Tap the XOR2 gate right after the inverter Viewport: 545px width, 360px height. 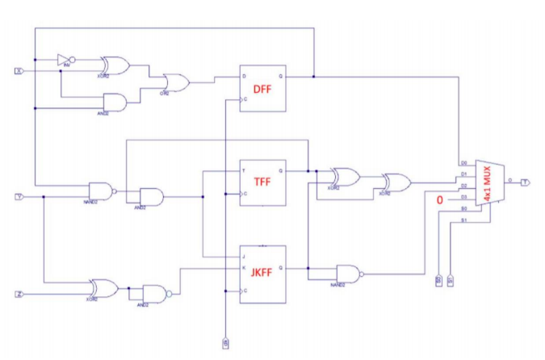[114, 65]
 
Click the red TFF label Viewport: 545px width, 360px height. [262, 182]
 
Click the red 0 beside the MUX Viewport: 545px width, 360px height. [440, 199]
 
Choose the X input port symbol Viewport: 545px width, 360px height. [19, 71]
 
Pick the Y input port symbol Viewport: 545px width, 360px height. [19, 196]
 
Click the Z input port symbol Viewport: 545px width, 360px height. [19, 294]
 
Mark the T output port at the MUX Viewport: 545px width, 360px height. [526, 182]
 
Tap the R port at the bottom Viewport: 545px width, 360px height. [225, 344]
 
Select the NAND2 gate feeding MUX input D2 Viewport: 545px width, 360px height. [349, 272]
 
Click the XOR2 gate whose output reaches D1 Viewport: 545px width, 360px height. [396, 182]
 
